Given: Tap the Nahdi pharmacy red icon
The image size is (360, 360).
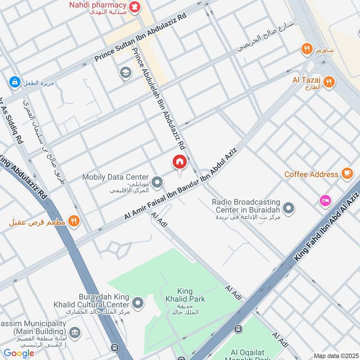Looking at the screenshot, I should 134,6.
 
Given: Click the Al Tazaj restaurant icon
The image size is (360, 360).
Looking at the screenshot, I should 329,81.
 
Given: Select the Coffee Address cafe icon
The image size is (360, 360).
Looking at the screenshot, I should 346,174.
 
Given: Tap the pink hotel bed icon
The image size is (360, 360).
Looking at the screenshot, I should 324,201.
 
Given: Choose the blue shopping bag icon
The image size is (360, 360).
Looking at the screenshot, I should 14,82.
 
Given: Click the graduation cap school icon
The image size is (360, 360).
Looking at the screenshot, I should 125,73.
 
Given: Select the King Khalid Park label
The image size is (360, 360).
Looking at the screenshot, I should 191,295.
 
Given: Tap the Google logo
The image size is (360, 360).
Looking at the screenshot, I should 19,353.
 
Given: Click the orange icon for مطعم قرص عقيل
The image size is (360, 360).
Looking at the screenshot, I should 74,221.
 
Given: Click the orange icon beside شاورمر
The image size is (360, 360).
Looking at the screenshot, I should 307,49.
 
